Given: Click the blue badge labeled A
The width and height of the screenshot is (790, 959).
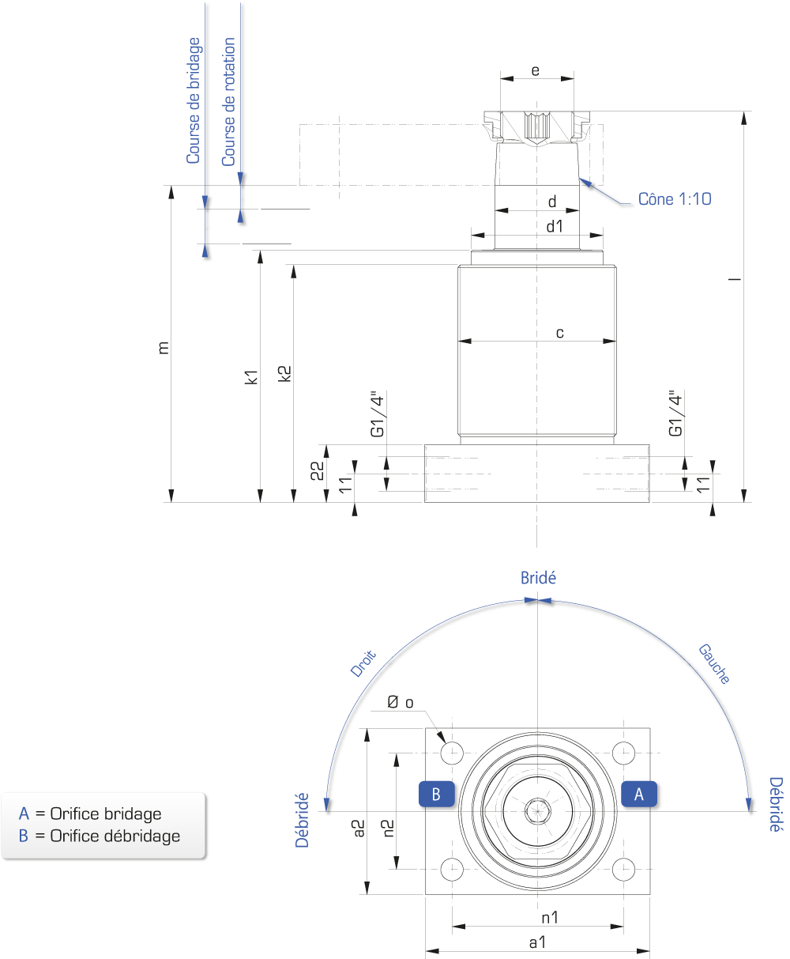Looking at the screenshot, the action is (638, 794).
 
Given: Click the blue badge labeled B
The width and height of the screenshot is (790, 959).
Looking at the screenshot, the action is (437, 794).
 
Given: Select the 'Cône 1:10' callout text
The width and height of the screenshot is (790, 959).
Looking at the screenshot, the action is (675, 199).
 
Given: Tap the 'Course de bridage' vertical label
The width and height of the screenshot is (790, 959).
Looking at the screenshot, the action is (194, 100).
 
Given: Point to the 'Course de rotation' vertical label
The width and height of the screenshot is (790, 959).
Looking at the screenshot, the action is (228, 101).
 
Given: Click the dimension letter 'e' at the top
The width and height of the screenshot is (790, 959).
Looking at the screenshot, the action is (536, 70).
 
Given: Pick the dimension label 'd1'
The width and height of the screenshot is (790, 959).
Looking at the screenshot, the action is (555, 226).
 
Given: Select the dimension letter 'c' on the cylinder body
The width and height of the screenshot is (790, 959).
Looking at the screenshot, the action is (559, 333).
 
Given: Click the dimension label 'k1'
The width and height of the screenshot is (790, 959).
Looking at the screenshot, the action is (251, 376).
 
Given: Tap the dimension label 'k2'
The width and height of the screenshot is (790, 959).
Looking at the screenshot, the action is (284, 373).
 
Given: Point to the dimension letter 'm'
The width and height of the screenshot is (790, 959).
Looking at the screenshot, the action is (164, 348).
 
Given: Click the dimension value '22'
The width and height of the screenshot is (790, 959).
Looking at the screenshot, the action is (318, 470).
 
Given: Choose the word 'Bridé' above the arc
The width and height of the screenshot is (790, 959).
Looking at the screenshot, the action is (538, 578).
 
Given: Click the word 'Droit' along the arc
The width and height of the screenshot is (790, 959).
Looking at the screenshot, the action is (363, 663).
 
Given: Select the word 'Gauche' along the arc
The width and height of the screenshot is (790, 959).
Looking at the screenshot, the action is (714, 664).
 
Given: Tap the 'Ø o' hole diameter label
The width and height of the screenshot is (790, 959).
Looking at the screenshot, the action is (401, 702).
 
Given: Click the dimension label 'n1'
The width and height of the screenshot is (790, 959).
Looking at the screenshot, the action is (550, 918).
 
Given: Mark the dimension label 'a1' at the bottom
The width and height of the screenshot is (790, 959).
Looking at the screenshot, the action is (537, 942).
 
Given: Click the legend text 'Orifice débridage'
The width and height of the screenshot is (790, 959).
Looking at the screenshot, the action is (115, 836).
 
